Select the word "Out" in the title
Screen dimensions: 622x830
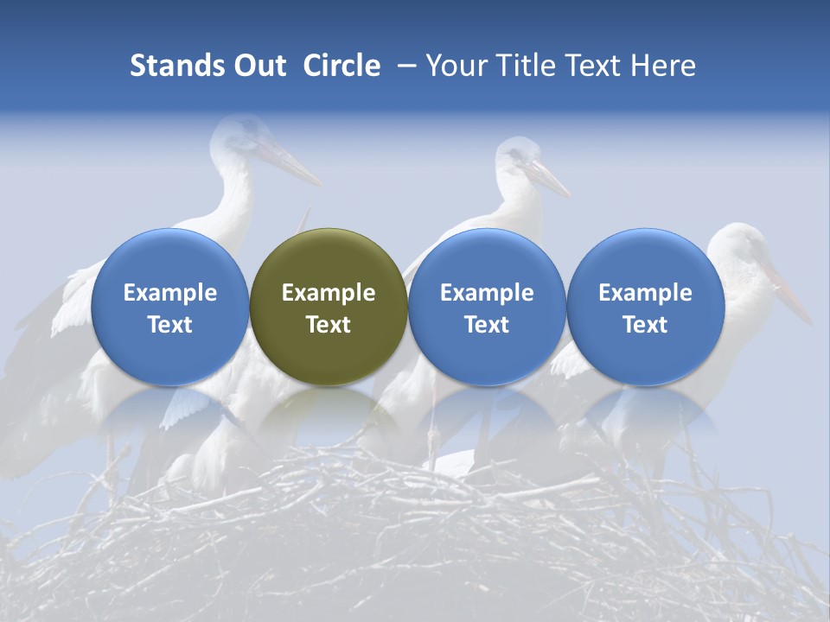point(259,66)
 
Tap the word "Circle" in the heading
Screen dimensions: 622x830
point(342,66)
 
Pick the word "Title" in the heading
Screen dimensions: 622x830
point(523,66)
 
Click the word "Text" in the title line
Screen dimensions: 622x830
point(595,66)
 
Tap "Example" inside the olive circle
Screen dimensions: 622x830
point(329,293)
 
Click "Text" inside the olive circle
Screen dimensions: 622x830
point(329,325)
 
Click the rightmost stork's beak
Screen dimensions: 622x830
point(790,299)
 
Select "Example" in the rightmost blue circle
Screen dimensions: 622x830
point(645,293)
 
